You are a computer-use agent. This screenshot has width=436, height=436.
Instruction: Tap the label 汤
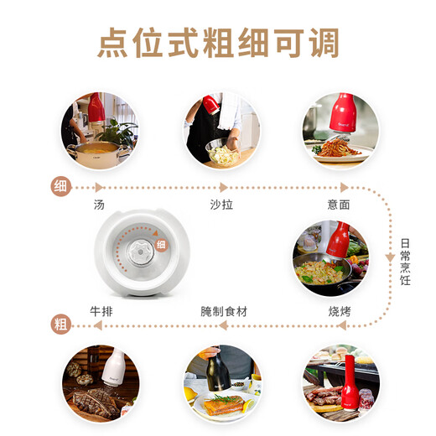pos(101,204)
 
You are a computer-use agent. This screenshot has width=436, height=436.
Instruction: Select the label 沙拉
pos(221,204)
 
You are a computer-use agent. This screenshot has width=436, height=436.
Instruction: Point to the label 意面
pos(339,204)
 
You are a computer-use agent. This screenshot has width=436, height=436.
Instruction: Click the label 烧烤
pos(339,311)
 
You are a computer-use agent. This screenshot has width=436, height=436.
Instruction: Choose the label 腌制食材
pos(224,311)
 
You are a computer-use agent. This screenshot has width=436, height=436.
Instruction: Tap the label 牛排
pos(101,311)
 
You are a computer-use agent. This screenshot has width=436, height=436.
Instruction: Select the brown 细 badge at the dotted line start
pos(61,186)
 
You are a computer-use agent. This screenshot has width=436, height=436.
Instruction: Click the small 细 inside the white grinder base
pos(162,242)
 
